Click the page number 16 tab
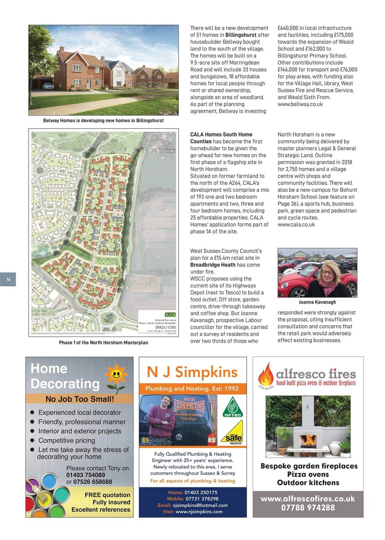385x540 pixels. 8,279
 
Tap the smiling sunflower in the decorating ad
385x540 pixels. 115,375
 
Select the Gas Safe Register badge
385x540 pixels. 232,433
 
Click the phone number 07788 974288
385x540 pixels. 308,508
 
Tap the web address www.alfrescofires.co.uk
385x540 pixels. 308,499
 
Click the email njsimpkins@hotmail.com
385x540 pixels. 200,505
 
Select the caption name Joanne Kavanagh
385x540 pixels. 317,302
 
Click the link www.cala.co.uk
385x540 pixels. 296,225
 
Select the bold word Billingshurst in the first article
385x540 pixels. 241,35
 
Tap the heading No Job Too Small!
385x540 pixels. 80,399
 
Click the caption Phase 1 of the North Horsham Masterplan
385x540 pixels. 103,342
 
